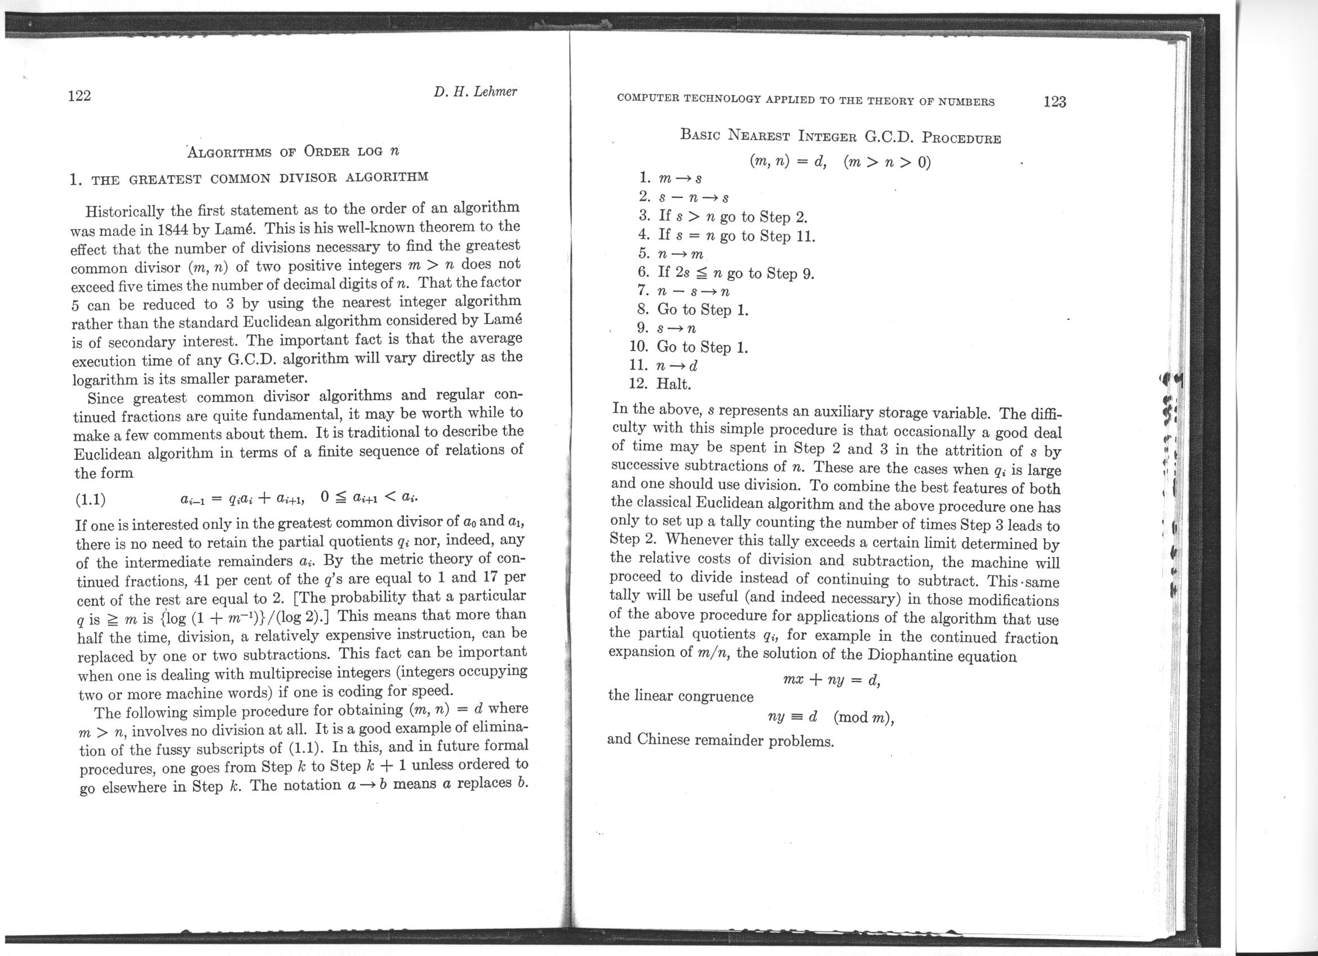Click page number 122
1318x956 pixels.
79,95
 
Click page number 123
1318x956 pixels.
1055,101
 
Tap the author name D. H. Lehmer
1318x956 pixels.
475,92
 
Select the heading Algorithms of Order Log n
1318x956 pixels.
294,151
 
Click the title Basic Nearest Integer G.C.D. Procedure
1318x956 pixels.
840,137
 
